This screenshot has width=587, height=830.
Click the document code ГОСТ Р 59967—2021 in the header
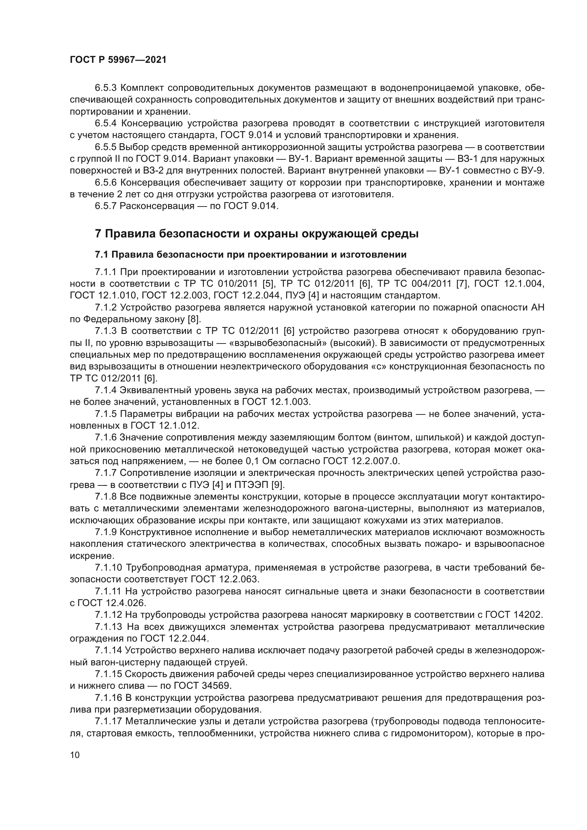coord(118,60)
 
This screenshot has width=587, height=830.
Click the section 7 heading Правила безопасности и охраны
coord(257,234)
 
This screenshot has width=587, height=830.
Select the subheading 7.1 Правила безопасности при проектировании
coord(251,254)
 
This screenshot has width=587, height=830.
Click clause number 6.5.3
coord(105,88)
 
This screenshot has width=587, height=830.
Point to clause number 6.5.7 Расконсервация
coord(105,206)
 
